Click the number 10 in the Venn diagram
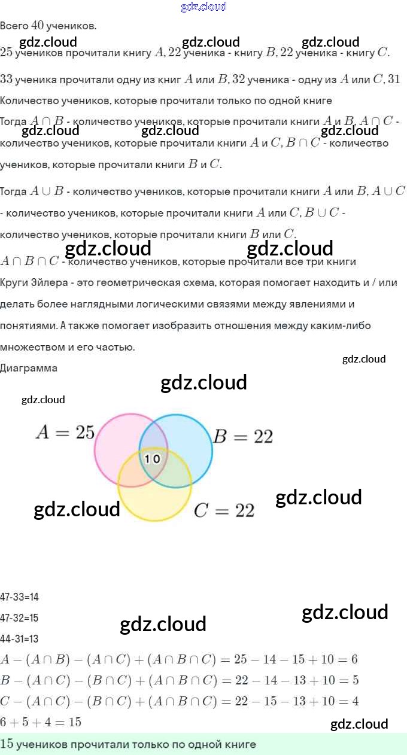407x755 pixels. click(x=153, y=459)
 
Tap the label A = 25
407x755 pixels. click(x=65, y=432)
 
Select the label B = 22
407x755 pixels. click(x=243, y=437)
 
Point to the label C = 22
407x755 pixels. click(x=224, y=510)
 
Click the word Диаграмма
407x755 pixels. click(x=29, y=368)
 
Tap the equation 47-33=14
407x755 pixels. click(x=19, y=597)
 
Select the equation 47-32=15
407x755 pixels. click(x=19, y=618)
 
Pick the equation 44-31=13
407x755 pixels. click(x=19, y=639)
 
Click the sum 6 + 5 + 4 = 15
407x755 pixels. click(x=41, y=722)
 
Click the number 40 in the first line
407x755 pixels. click(x=38, y=26)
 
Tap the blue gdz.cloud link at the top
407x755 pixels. click(x=203, y=7)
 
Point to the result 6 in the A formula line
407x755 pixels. click(x=354, y=660)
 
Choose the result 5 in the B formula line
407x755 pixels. click(x=356, y=681)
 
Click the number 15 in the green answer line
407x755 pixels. click(x=7, y=744)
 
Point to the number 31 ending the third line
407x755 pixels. click(x=394, y=79)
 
